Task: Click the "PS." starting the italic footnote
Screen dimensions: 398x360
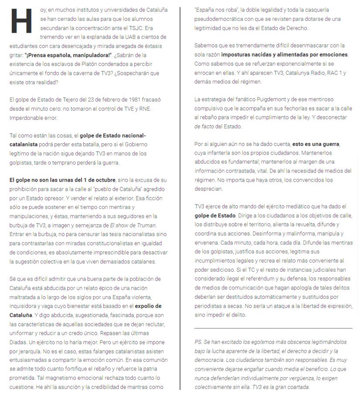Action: (x=198, y=342)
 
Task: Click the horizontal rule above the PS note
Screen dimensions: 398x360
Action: (x=273, y=328)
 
